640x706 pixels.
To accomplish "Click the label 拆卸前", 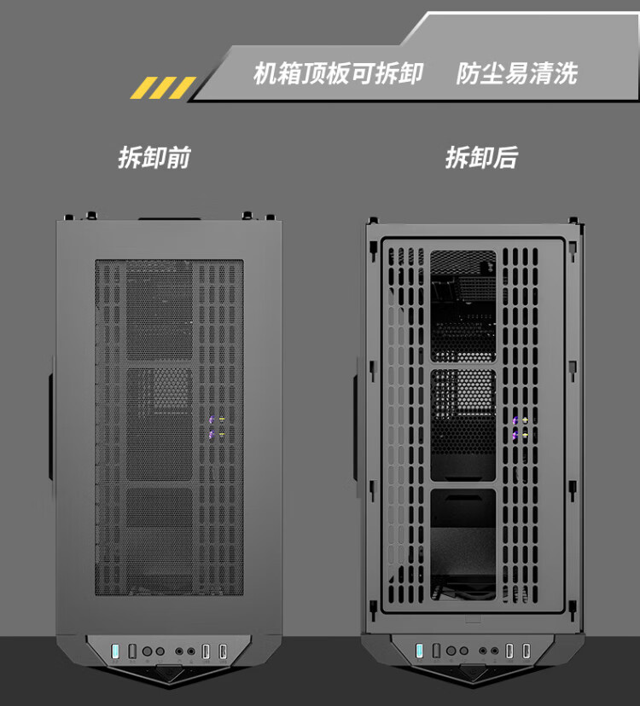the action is point(154,158).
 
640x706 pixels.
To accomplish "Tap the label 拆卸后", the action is point(481,158).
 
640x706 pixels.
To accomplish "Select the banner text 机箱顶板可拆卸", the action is point(338,73).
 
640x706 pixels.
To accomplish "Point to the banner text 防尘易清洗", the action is point(517,73).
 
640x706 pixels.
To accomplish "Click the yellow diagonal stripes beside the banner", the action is point(163,88).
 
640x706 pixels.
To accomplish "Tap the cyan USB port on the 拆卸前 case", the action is point(115,651).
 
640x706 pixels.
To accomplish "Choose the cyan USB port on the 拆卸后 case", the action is point(420,651).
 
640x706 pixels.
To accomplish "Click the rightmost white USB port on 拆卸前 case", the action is point(223,651).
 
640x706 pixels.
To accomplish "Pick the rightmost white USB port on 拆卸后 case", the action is point(526,651).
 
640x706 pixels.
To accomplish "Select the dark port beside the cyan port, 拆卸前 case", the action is point(132,651).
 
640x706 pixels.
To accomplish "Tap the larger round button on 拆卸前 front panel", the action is point(147,651).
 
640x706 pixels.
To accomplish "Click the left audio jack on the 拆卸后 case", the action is point(483,651).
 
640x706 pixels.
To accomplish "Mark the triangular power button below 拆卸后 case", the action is point(474,672).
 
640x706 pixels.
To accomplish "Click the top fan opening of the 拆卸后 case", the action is point(463,306).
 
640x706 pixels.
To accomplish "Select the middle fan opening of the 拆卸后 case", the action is point(463,425).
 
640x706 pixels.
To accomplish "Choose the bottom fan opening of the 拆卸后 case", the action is point(463,544).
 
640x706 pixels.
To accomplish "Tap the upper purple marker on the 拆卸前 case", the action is point(212,420).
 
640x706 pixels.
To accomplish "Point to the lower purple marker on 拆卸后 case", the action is point(515,435).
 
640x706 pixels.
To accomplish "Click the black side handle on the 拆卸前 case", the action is point(51,425).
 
